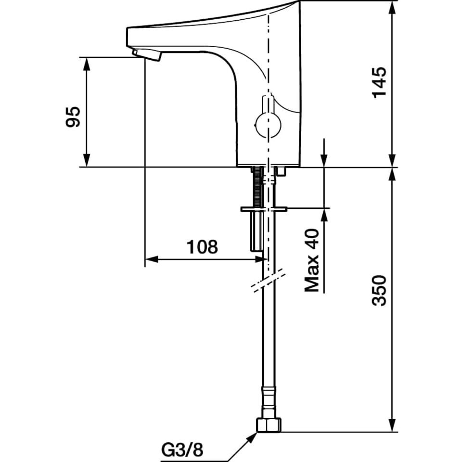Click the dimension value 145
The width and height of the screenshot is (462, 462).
pos(379,83)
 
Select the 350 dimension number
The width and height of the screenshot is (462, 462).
pos(379,291)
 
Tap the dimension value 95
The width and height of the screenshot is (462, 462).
pos(73,116)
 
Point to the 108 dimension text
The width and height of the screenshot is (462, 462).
pos(203,246)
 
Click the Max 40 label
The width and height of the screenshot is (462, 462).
pos(312,260)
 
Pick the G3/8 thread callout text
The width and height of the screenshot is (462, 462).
pos(182,450)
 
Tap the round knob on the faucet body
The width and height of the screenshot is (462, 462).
pos(268,125)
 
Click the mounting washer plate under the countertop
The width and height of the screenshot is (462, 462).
pos(264,209)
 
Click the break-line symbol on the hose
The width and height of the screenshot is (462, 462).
pos(268,280)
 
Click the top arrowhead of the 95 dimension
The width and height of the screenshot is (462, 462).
pos(86,64)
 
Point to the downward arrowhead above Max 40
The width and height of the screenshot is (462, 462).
pos(324,160)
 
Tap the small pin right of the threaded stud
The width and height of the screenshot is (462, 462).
pos(281,171)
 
